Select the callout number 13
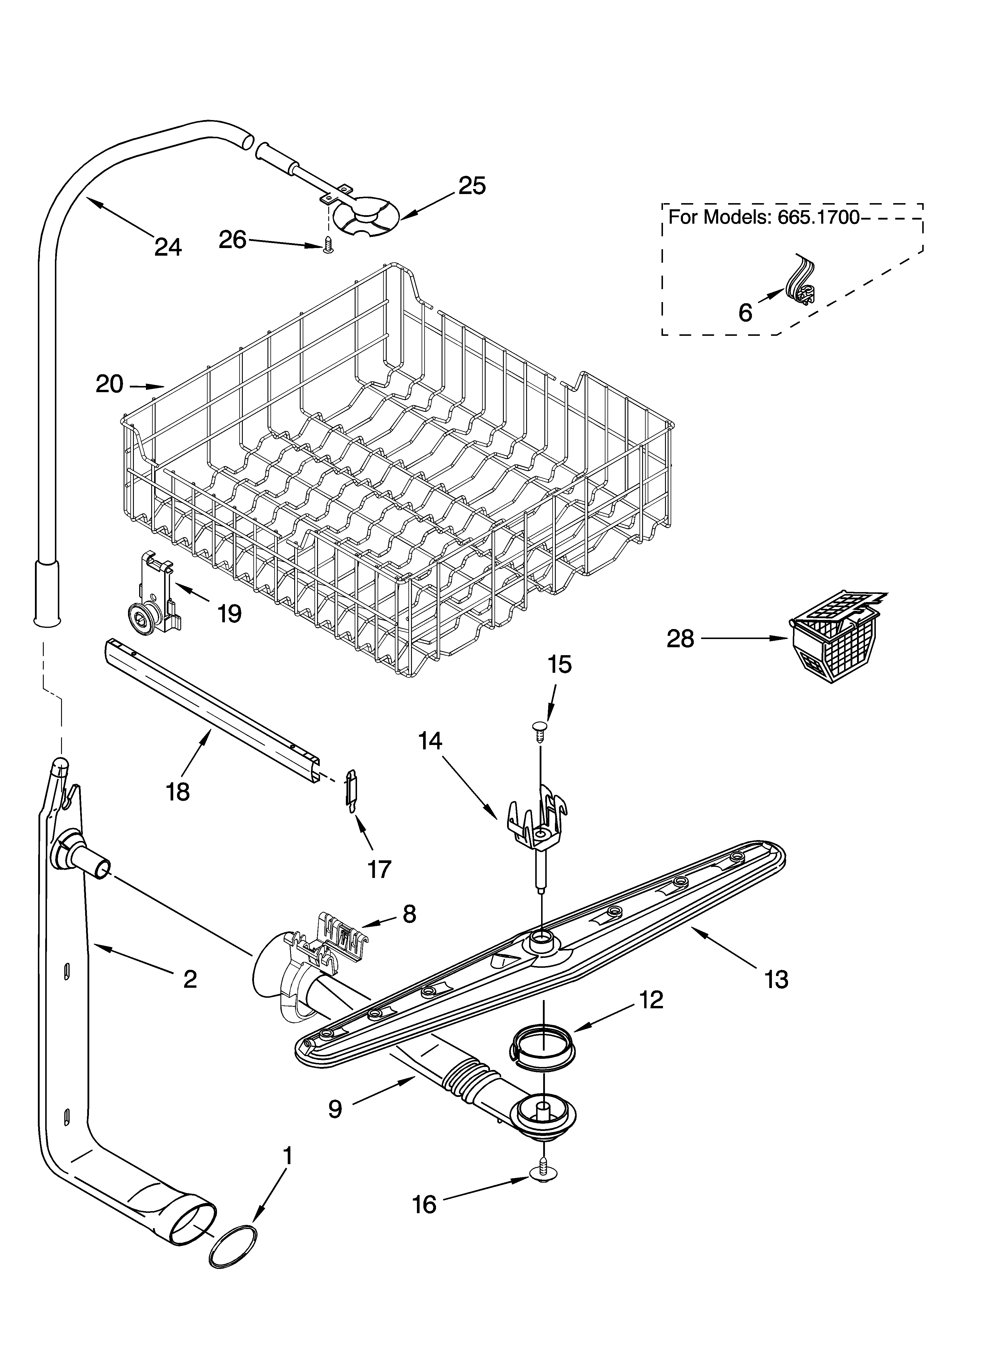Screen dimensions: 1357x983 [x=777, y=980]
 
